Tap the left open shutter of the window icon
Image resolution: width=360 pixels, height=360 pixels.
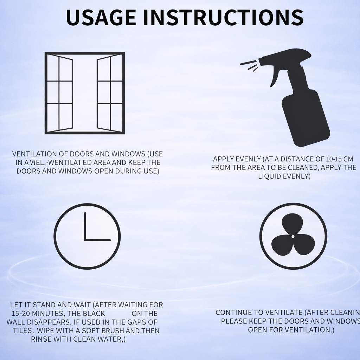coord(60,93)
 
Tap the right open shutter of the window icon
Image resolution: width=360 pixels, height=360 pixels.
coord(110,93)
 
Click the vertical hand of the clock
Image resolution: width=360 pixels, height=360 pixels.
coord(85,226)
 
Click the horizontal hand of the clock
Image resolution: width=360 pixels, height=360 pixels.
coord(98,240)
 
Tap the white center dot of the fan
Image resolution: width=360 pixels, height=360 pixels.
coord(293,237)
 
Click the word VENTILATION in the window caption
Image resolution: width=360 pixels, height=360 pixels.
coord(35,154)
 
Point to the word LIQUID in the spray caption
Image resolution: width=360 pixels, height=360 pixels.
coord(270,176)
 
